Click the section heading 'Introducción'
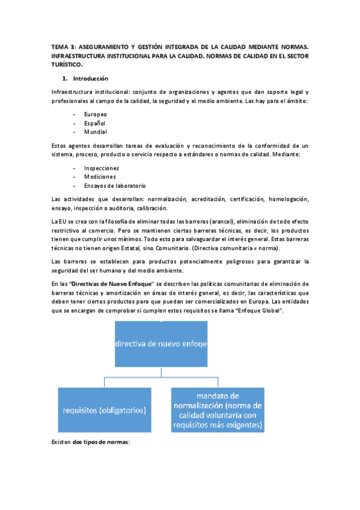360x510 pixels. point(90,79)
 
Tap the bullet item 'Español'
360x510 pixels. point(95,123)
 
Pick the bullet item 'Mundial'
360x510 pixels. point(96,132)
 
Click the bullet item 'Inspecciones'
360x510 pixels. point(102,168)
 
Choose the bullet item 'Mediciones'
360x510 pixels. point(100,177)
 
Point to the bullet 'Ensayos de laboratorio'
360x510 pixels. point(115,186)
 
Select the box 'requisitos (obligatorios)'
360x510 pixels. point(105,410)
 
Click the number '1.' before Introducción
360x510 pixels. point(66,79)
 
